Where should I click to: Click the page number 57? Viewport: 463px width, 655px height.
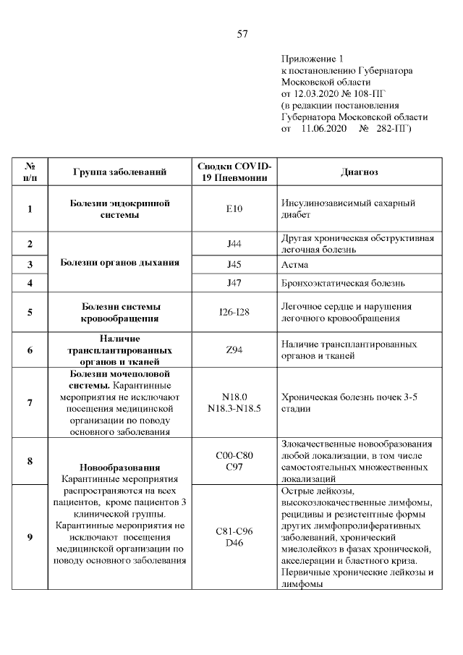tap(243, 33)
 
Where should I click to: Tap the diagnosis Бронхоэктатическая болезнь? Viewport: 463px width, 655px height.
tap(342, 283)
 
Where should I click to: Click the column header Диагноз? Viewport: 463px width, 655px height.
tap(360, 172)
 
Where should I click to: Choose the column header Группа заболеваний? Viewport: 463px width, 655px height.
tap(120, 172)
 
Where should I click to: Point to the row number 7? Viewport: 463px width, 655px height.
tap(30, 402)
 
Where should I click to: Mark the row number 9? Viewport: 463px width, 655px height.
tap(30, 536)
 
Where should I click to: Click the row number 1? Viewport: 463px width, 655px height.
tap(30, 209)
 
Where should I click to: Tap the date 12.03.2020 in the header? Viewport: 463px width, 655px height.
tap(314, 94)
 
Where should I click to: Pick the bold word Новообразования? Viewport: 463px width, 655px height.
tap(120, 468)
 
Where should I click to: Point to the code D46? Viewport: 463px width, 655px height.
tap(234, 542)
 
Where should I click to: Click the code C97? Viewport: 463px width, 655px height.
tap(234, 465)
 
